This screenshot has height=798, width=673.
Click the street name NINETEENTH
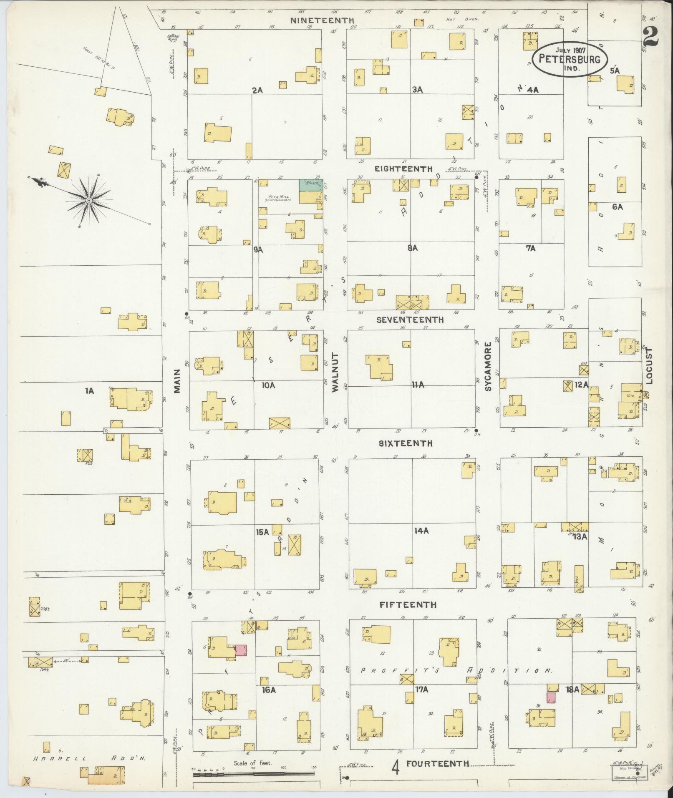(323, 20)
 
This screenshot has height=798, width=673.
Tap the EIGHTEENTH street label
(403, 169)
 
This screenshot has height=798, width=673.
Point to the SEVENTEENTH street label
(410, 320)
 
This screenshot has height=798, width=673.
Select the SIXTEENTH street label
(406, 443)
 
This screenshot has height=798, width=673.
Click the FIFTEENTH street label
(408, 604)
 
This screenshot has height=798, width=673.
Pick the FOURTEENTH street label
(438, 764)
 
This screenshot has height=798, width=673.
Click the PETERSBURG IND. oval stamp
(570, 59)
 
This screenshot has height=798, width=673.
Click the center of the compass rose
(88, 201)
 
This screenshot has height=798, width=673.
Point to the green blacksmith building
(310, 186)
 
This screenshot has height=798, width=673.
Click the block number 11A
(418, 385)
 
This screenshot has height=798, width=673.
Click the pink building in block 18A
(551, 697)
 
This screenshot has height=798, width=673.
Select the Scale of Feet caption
(253, 763)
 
